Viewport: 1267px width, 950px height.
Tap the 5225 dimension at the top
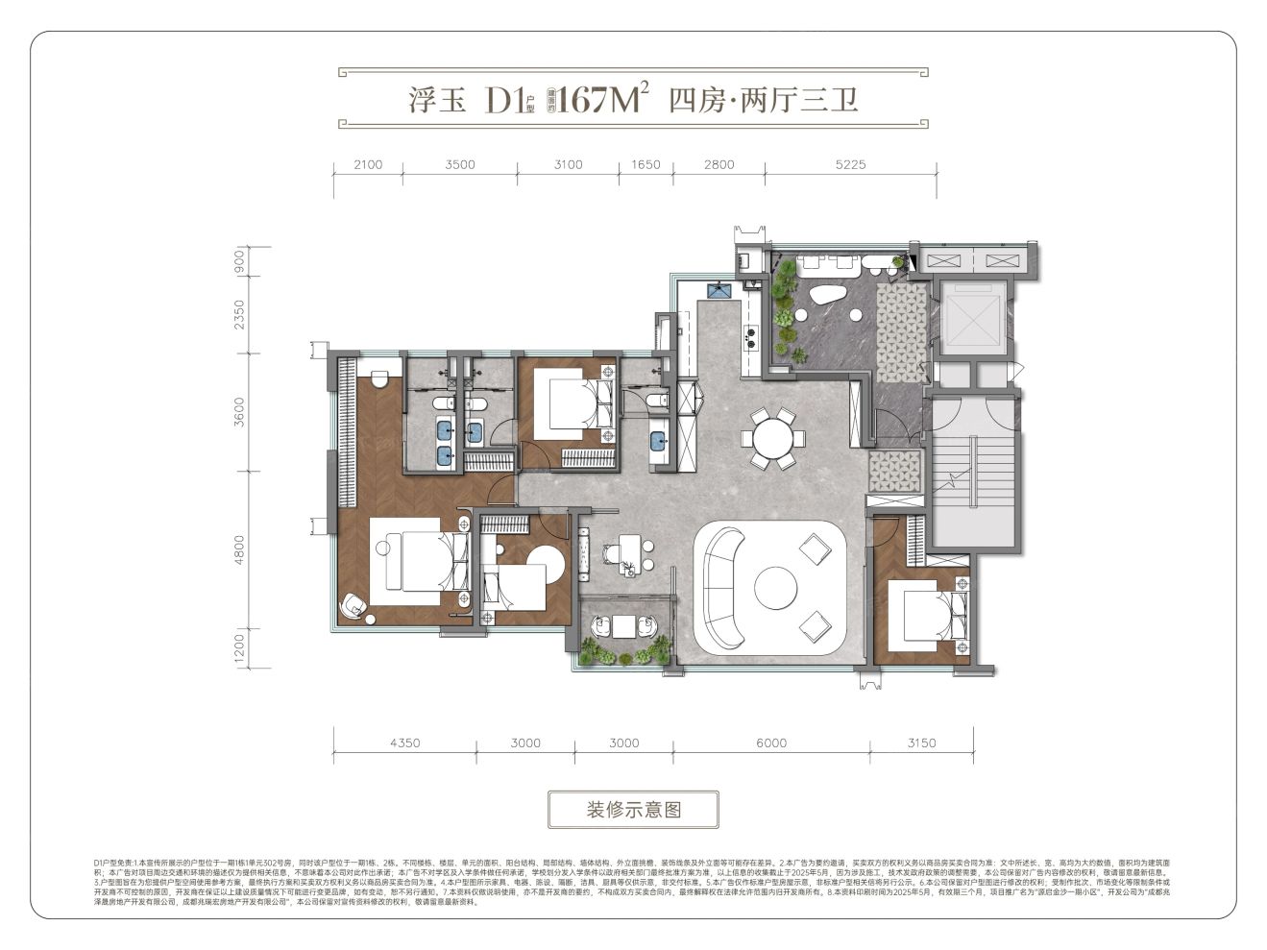point(849,164)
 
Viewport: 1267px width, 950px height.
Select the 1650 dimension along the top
point(646,164)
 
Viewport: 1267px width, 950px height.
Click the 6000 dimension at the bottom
point(770,743)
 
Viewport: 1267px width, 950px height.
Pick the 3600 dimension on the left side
point(239,412)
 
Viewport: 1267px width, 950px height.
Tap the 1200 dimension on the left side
point(239,650)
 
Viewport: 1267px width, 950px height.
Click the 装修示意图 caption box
point(633,810)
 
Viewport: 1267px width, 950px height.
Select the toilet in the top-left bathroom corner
point(378,378)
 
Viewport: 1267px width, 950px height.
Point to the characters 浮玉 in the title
point(437,100)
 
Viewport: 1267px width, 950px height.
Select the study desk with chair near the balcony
point(625,554)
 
